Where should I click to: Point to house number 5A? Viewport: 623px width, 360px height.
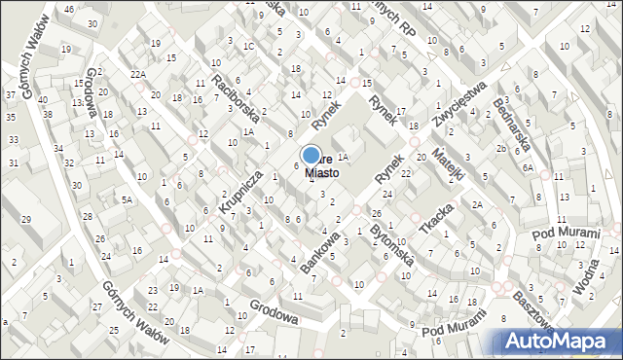[x=127, y=199]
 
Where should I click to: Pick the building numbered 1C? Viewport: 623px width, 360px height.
[x=249, y=46]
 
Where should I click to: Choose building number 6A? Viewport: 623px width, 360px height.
[x=528, y=167]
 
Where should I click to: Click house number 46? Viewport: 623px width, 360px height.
[x=68, y=9]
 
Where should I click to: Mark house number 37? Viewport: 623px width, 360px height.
[x=10, y=94]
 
